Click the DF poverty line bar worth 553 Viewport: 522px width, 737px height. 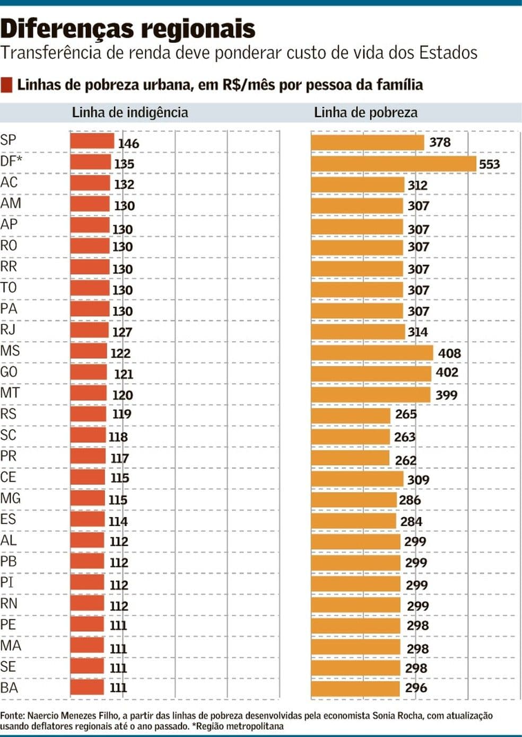[x=393, y=164]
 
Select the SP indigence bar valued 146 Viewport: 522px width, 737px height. [x=92, y=141]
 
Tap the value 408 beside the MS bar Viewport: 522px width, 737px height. [x=449, y=353]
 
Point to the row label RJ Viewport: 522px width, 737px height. [x=8, y=330]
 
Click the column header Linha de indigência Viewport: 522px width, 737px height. [x=130, y=112]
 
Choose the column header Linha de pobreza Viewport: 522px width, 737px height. [x=366, y=112]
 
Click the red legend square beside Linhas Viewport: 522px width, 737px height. [x=7, y=85]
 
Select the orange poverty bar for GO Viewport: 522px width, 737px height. [x=371, y=374]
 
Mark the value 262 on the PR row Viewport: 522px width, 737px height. [x=405, y=460]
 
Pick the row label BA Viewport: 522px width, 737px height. [x=9, y=688]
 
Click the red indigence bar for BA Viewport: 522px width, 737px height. [x=87, y=687]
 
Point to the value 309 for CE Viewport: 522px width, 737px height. [x=418, y=480]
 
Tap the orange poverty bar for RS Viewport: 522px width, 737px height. [x=351, y=415]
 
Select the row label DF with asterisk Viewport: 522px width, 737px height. [x=11, y=161]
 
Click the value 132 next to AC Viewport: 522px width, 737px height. [x=124, y=184]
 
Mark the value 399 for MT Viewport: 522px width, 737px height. [x=446, y=395]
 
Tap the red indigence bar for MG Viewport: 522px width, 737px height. [x=88, y=499]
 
